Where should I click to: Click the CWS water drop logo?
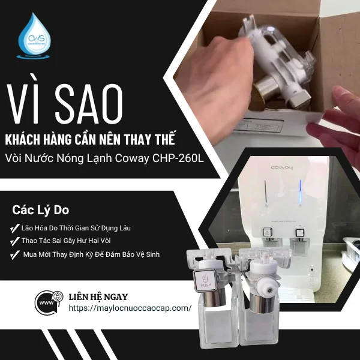35,38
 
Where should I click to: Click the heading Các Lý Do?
41,211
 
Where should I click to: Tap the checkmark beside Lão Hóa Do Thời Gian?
14,229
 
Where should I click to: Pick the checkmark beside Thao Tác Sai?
14,241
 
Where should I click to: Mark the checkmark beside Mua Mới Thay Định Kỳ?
14,254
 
